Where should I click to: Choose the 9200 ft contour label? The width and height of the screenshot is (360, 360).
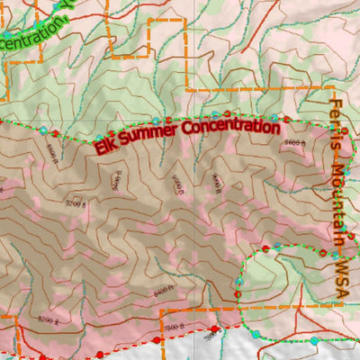pyautogui.click(x=76, y=204)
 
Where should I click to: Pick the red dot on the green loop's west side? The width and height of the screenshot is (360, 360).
pyautogui.click(x=238, y=293)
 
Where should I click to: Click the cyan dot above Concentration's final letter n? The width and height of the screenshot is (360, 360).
pyautogui.click(x=274, y=117)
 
